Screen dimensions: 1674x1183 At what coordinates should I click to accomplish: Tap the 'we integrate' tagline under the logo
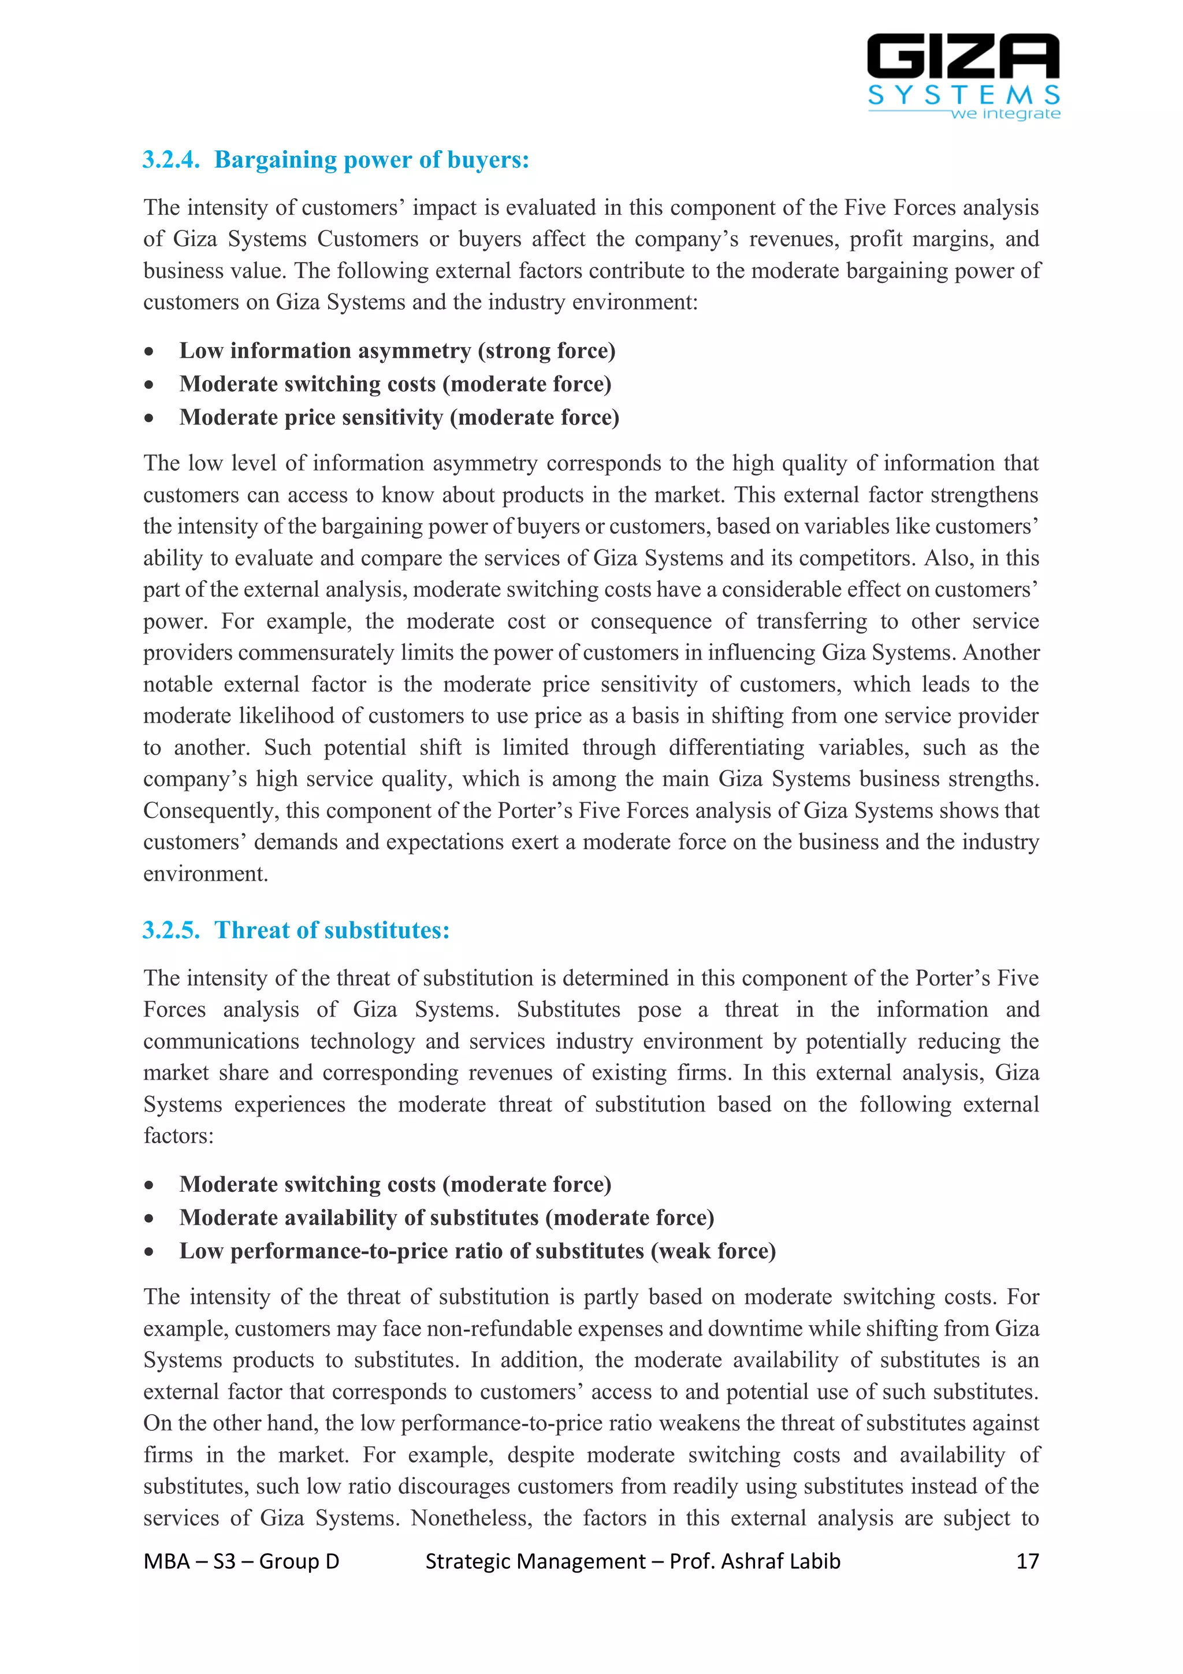(1005, 114)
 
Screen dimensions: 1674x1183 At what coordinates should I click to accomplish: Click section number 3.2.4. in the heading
(170, 159)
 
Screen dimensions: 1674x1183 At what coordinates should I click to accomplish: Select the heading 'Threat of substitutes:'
(332, 931)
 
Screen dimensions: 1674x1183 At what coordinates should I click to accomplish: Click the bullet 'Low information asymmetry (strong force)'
(397, 351)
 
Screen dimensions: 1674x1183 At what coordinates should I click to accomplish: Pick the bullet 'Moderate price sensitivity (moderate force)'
(399, 418)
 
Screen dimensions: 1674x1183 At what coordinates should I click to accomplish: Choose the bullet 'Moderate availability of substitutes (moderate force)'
(446, 1218)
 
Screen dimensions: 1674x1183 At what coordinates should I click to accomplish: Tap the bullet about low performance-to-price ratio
(478, 1251)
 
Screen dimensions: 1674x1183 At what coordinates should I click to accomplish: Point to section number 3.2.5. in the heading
(170, 931)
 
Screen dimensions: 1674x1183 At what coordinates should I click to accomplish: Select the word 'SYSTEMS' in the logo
(963, 95)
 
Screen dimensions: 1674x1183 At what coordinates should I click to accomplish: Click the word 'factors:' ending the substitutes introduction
(178, 1136)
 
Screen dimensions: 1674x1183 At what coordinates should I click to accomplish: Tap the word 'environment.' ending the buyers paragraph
(206, 873)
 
